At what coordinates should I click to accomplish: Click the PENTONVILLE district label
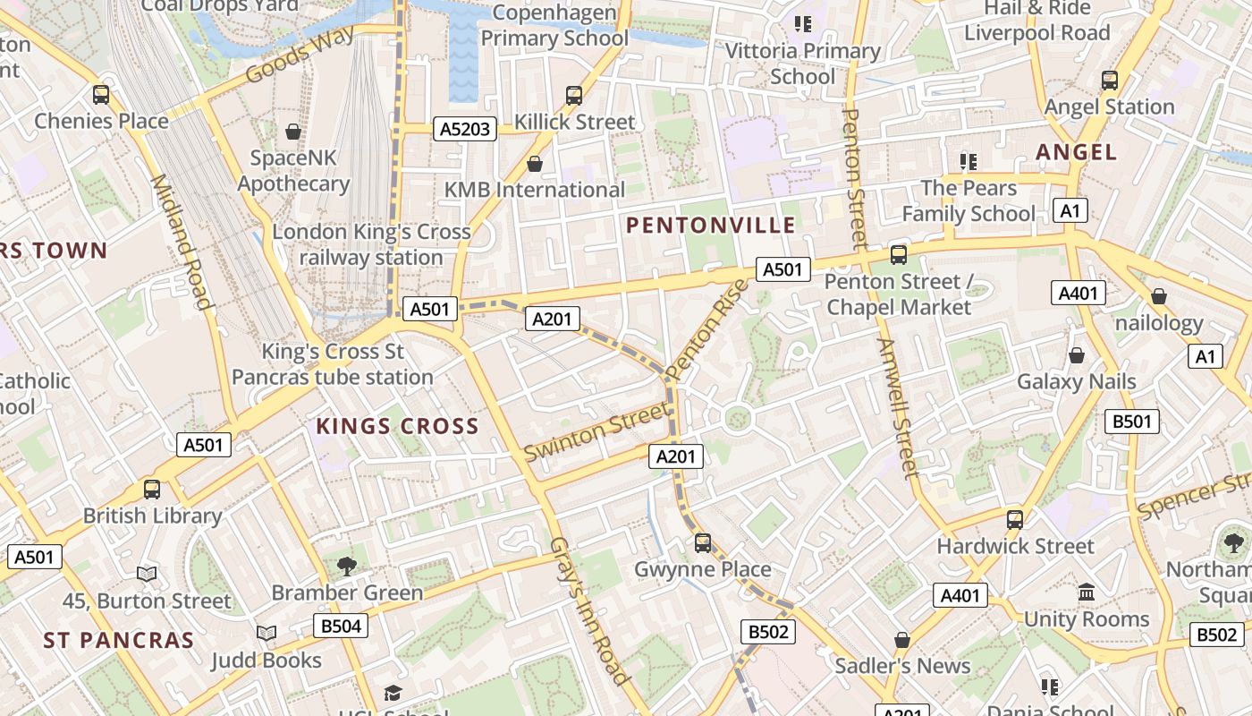(x=710, y=225)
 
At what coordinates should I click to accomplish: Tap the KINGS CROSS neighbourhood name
(x=397, y=426)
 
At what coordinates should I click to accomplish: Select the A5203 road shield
(x=465, y=129)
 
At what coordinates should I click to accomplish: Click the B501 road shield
(x=1131, y=422)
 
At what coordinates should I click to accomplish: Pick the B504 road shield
(x=341, y=626)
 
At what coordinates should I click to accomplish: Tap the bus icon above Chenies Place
(x=101, y=94)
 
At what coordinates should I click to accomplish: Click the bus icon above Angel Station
(x=1109, y=81)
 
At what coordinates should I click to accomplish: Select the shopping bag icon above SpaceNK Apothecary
(x=292, y=132)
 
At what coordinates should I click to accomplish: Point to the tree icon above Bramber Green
(x=347, y=566)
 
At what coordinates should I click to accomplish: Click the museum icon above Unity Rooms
(x=1087, y=592)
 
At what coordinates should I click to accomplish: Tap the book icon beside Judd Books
(x=266, y=634)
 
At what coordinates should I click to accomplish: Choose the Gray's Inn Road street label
(x=588, y=610)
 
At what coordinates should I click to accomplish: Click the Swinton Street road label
(x=595, y=432)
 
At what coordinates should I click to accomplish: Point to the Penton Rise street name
(x=706, y=329)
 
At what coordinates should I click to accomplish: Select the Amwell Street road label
(x=897, y=407)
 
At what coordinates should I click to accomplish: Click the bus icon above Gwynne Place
(x=703, y=542)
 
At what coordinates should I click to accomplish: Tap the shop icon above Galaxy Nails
(x=1077, y=355)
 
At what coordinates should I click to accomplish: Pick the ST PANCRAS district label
(x=118, y=641)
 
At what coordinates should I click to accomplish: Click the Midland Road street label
(x=182, y=242)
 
